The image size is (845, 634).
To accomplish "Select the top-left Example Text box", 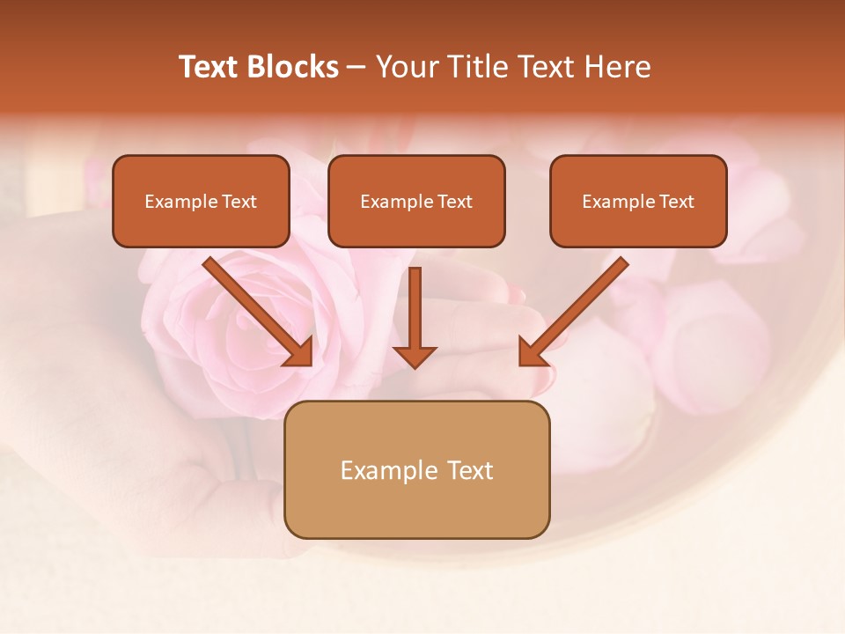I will pos(201,201).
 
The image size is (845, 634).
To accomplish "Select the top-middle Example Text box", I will pos(416,201).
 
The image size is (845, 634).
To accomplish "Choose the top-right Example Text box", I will pos(638,201).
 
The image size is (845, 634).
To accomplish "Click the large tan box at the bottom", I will pos(416,469).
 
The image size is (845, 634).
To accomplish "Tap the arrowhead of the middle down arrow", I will pos(415,356).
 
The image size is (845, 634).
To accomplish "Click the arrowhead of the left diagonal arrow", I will pos(300,353).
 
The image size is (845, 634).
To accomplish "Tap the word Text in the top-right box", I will pos(676,202).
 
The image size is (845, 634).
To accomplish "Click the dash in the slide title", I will pos(356,67).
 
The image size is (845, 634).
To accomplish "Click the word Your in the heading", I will pos(406,67).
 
